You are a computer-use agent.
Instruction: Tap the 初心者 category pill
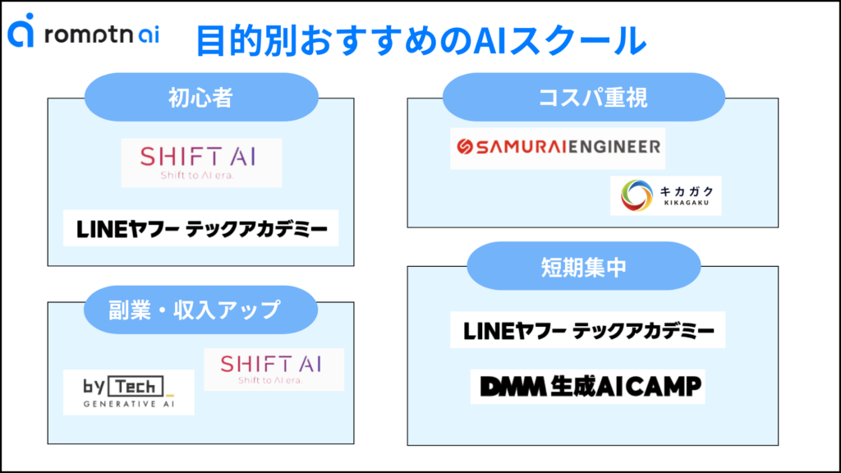pyautogui.click(x=200, y=98)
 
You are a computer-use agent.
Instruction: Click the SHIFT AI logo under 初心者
pyautogui.click(x=201, y=162)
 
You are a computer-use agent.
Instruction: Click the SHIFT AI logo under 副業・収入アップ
pyautogui.click(x=273, y=369)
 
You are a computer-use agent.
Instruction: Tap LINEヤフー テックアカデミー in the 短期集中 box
pyautogui.click(x=588, y=331)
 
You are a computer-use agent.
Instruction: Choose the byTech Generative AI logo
pyautogui.click(x=129, y=392)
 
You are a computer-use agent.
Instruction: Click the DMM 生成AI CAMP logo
pyautogui.click(x=588, y=385)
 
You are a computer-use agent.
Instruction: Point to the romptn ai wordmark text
pyautogui.click(x=103, y=34)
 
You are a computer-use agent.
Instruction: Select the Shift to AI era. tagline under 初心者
pyautogui.click(x=201, y=174)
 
